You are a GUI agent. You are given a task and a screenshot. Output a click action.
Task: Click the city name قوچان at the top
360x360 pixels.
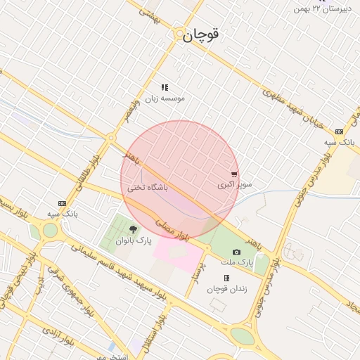click(201, 35)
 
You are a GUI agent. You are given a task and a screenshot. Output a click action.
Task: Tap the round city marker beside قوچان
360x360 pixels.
click(181, 33)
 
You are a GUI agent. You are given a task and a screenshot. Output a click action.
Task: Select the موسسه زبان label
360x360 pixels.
click(165, 99)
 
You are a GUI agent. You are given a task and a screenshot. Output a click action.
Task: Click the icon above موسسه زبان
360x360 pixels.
click(165, 88)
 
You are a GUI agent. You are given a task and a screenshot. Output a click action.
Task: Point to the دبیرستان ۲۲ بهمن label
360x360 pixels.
click(322, 8)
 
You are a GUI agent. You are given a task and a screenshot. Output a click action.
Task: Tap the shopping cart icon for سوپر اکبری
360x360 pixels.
click(234, 174)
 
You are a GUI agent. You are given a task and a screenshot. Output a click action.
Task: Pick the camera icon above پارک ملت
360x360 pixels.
click(236, 252)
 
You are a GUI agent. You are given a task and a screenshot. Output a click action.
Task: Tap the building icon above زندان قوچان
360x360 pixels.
click(226, 278)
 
